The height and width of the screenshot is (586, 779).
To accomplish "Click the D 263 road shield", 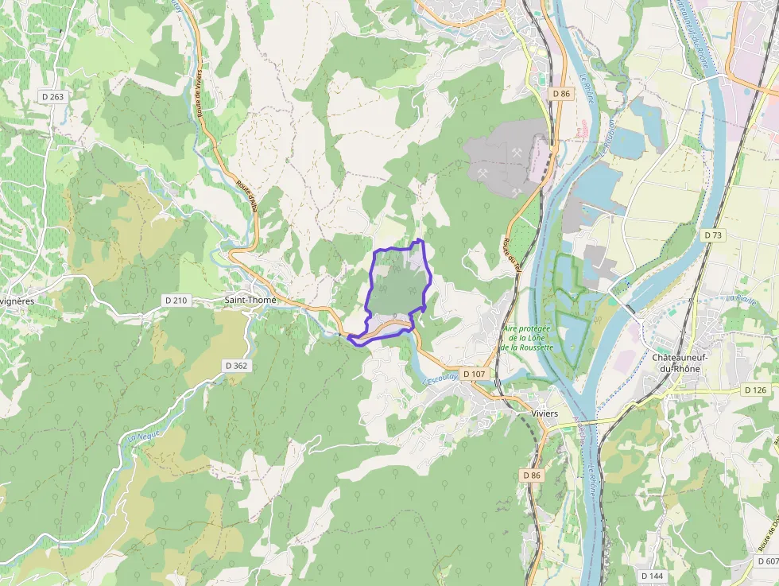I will pos(52,96).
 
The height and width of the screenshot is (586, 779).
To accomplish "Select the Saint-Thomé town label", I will pos(250,300).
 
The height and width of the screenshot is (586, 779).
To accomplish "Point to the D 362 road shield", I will pos(236,365).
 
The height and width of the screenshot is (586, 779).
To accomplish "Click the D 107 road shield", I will pos(472,373).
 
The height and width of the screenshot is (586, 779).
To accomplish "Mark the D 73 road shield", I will pos(713,235).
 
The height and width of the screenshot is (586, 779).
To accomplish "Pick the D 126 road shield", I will pos(755,390).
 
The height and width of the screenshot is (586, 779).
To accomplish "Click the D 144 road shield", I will pos(651,575).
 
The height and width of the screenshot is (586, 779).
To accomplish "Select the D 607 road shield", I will pos(766,561).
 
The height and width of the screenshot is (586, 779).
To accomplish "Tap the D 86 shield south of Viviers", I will pos(532,475).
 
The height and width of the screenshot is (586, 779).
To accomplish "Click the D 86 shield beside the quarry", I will pos(560,94).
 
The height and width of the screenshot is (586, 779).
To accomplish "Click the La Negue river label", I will pos(138,437).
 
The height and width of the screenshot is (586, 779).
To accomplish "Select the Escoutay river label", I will pos(442,380).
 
